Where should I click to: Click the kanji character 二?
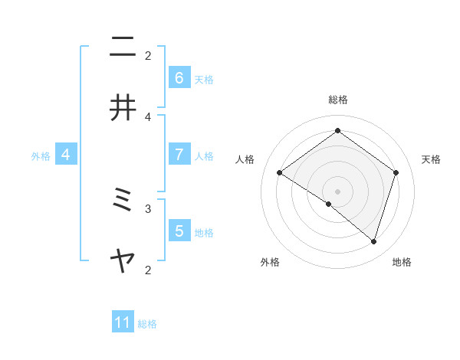point(123,48)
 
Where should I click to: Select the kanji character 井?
point(123,109)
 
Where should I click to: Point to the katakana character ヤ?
point(123,263)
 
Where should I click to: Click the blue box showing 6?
point(179,77)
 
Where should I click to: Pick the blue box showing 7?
point(179,154)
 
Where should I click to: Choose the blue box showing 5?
point(179,231)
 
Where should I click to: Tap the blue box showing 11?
point(123,322)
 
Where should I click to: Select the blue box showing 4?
point(66,155)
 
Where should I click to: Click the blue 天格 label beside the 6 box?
point(204,79)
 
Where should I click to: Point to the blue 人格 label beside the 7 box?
point(204,155)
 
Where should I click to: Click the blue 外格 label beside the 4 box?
point(41,155)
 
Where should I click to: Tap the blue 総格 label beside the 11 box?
point(147,324)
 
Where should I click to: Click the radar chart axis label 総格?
point(337,100)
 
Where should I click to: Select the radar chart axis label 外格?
point(270,262)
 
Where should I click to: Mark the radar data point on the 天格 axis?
point(396,172)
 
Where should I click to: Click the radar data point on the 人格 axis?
point(279,172)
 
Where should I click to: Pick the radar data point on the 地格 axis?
point(373,241)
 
